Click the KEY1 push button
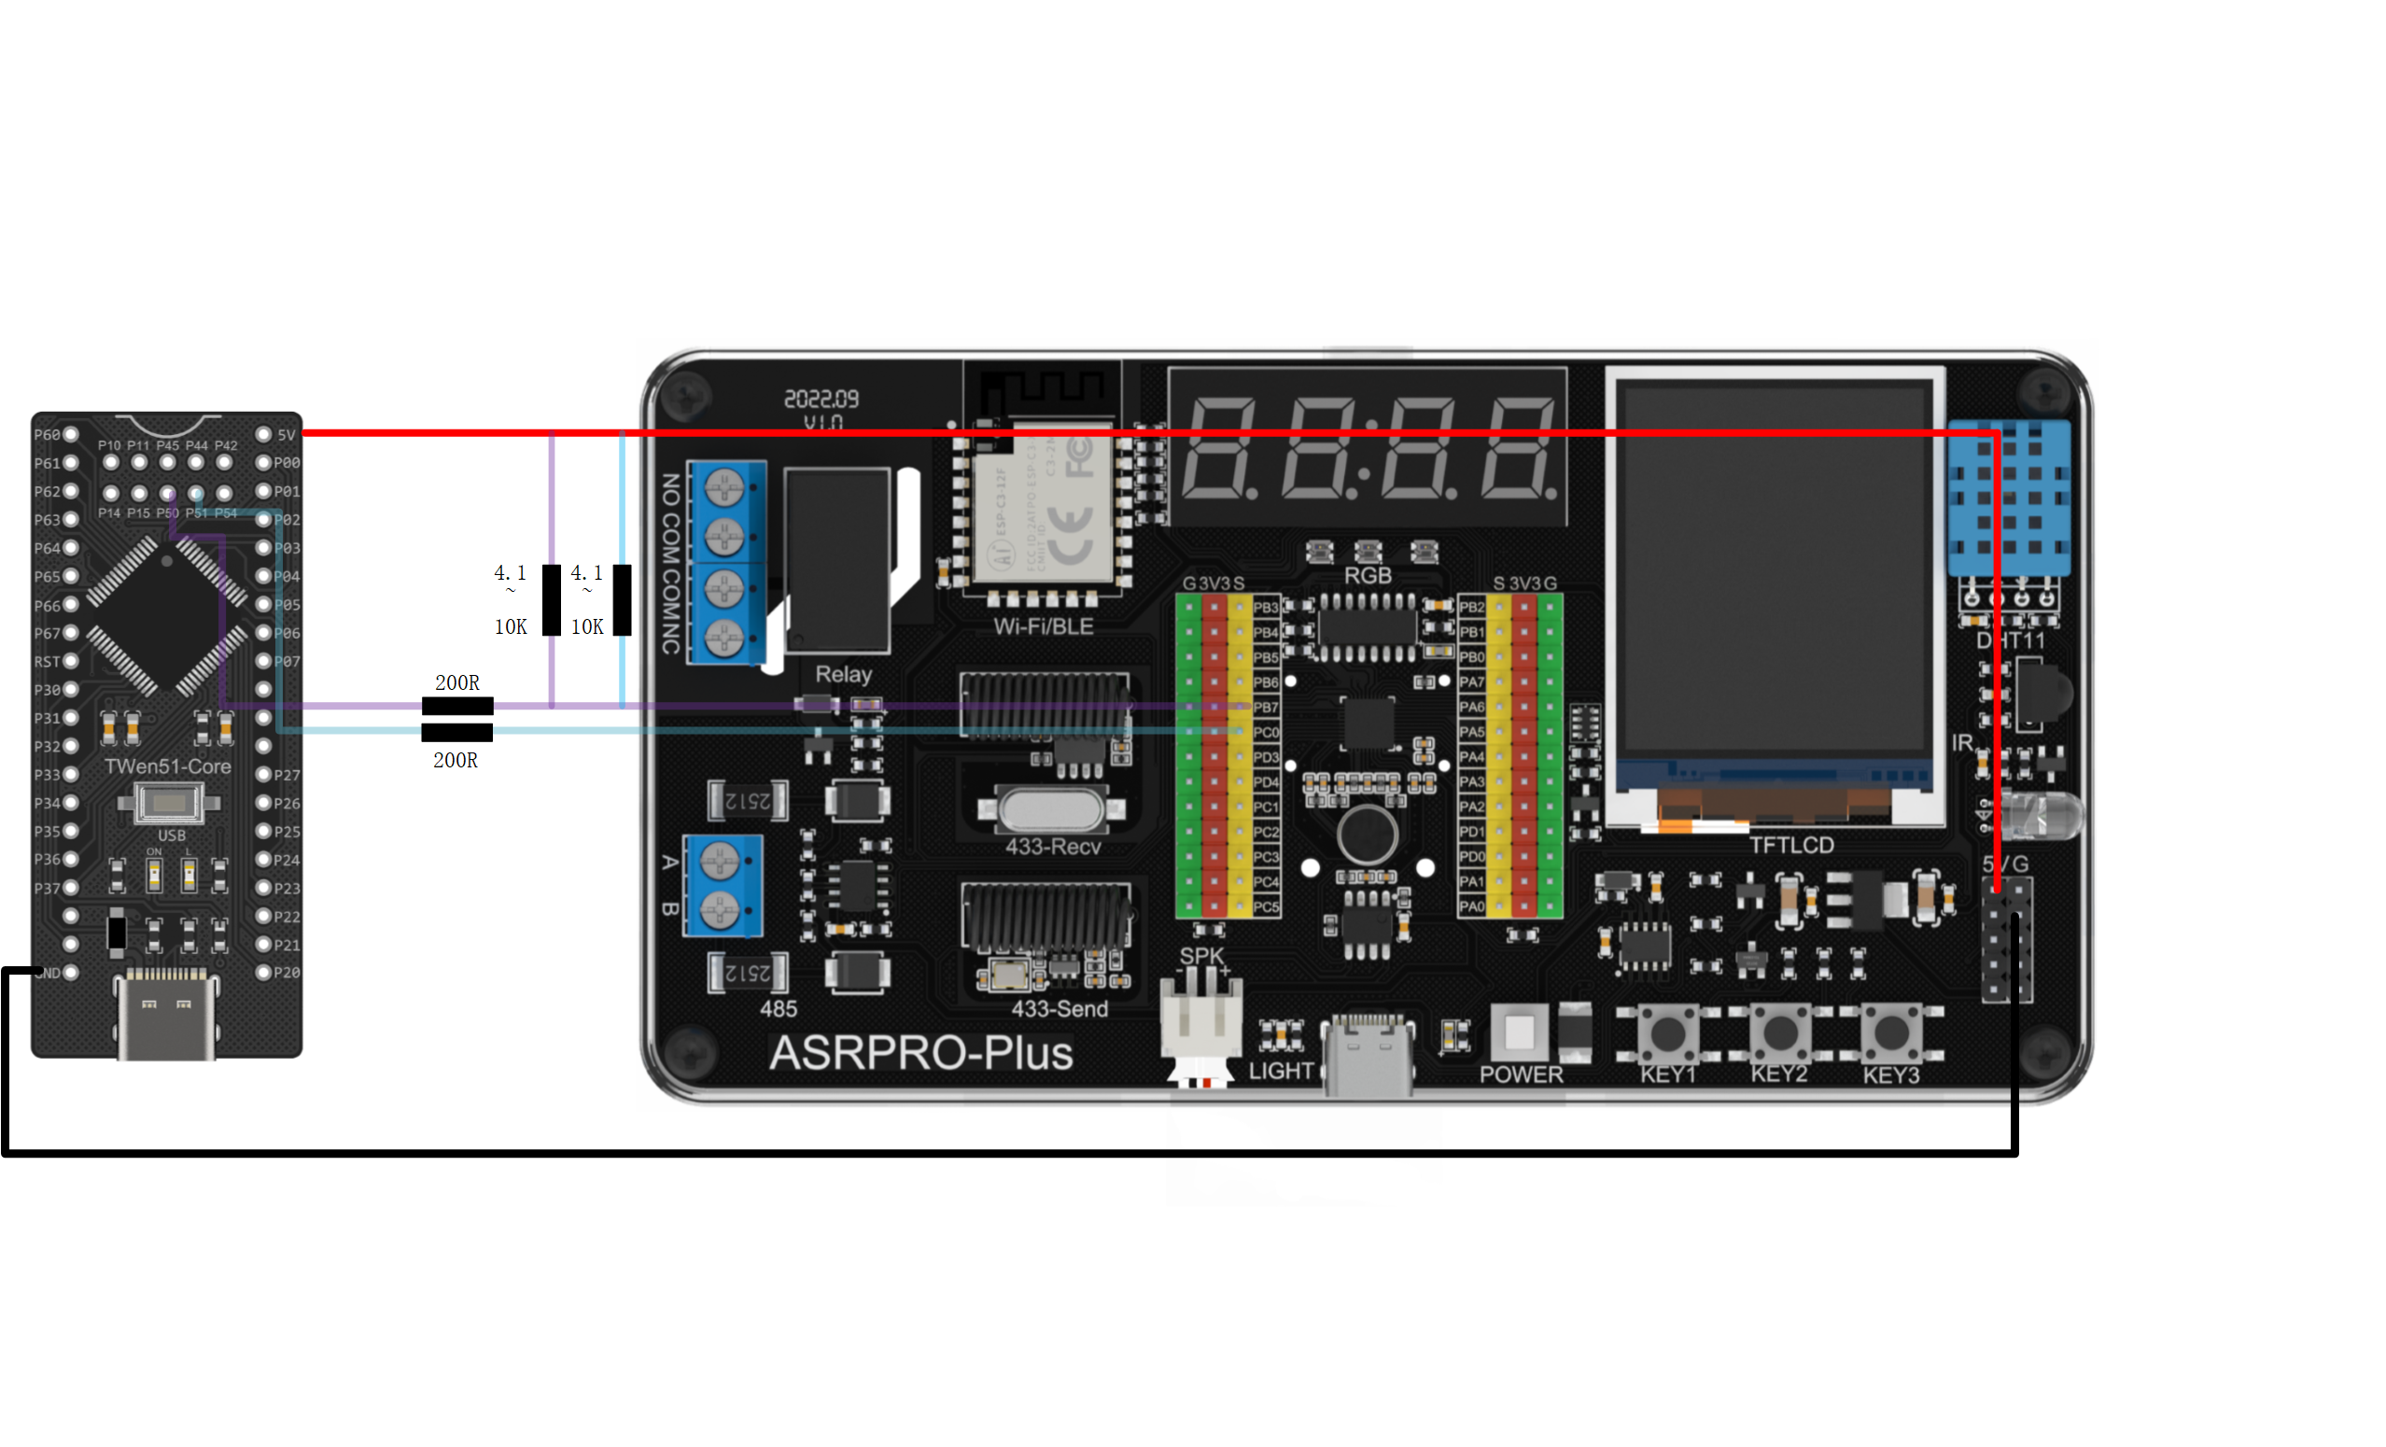[x=1667, y=1033]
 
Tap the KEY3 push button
[x=1891, y=1033]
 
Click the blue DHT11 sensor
[x=2009, y=499]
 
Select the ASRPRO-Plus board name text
[x=921, y=1054]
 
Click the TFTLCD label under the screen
[x=1791, y=846]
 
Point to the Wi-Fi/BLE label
[x=1044, y=626]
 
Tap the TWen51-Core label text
[x=167, y=766]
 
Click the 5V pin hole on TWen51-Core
[x=263, y=435]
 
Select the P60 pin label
[x=47, y=435]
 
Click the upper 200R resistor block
[x=457, y=706]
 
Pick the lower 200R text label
[x=456, y=760]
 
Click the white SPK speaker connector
[x=1201, y=1022]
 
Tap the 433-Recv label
[x=1053, y=847]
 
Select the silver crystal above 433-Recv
[x=1052, y=809]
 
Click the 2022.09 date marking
[x=821, y=399]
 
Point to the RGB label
[x=1368, y=575]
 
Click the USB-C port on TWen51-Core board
[x=165, y=1017]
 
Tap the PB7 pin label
[x=1266, y=708]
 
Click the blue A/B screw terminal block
[x=722, y=885]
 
